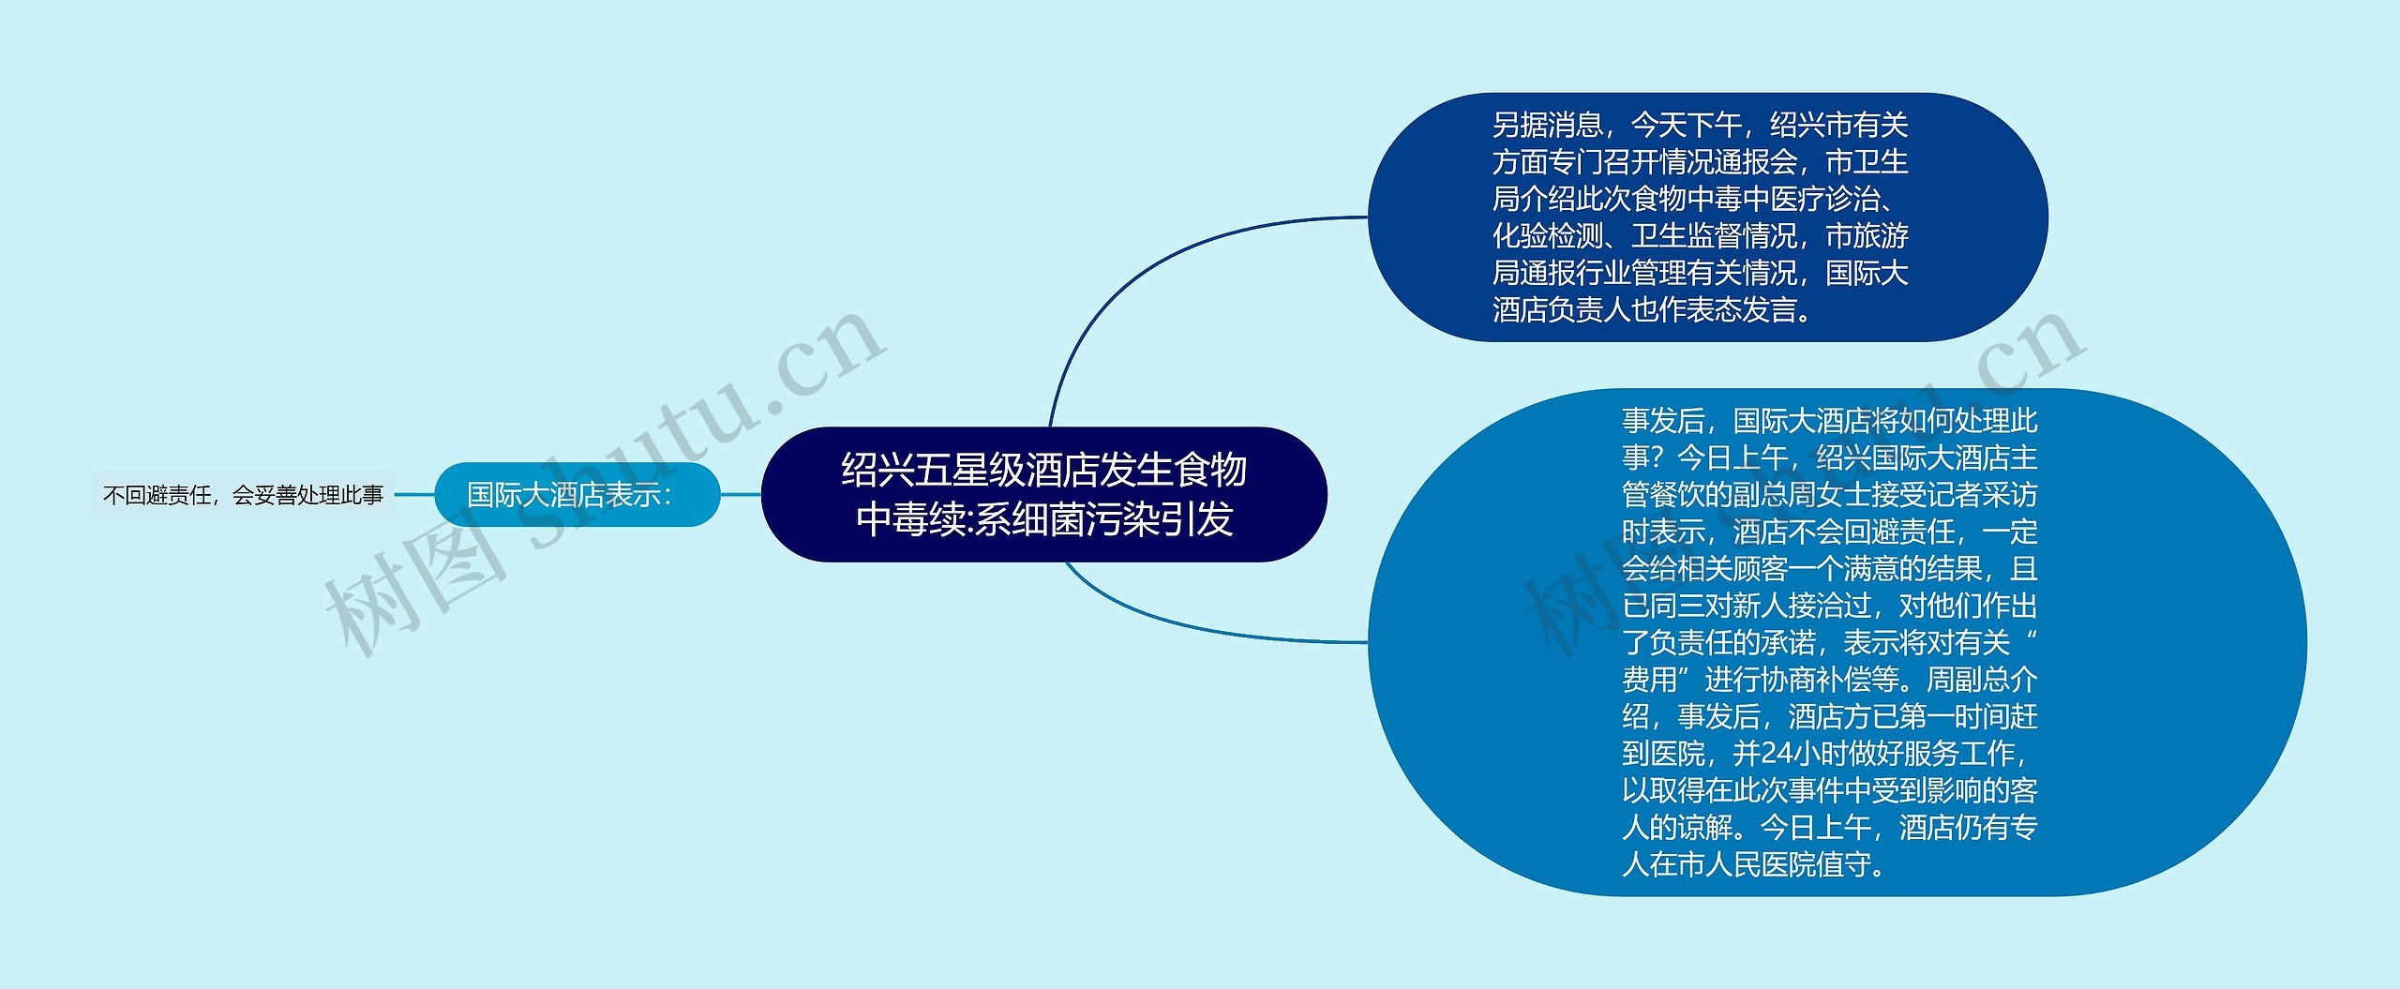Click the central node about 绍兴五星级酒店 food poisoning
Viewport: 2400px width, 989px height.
(1043, 494)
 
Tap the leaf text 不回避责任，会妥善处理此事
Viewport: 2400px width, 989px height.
(243, 495)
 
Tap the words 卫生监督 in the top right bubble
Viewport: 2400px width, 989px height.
(1686, 236)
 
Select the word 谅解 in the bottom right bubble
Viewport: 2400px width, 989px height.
(1704, 828)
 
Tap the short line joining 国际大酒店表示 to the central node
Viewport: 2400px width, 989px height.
(741, 494)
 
